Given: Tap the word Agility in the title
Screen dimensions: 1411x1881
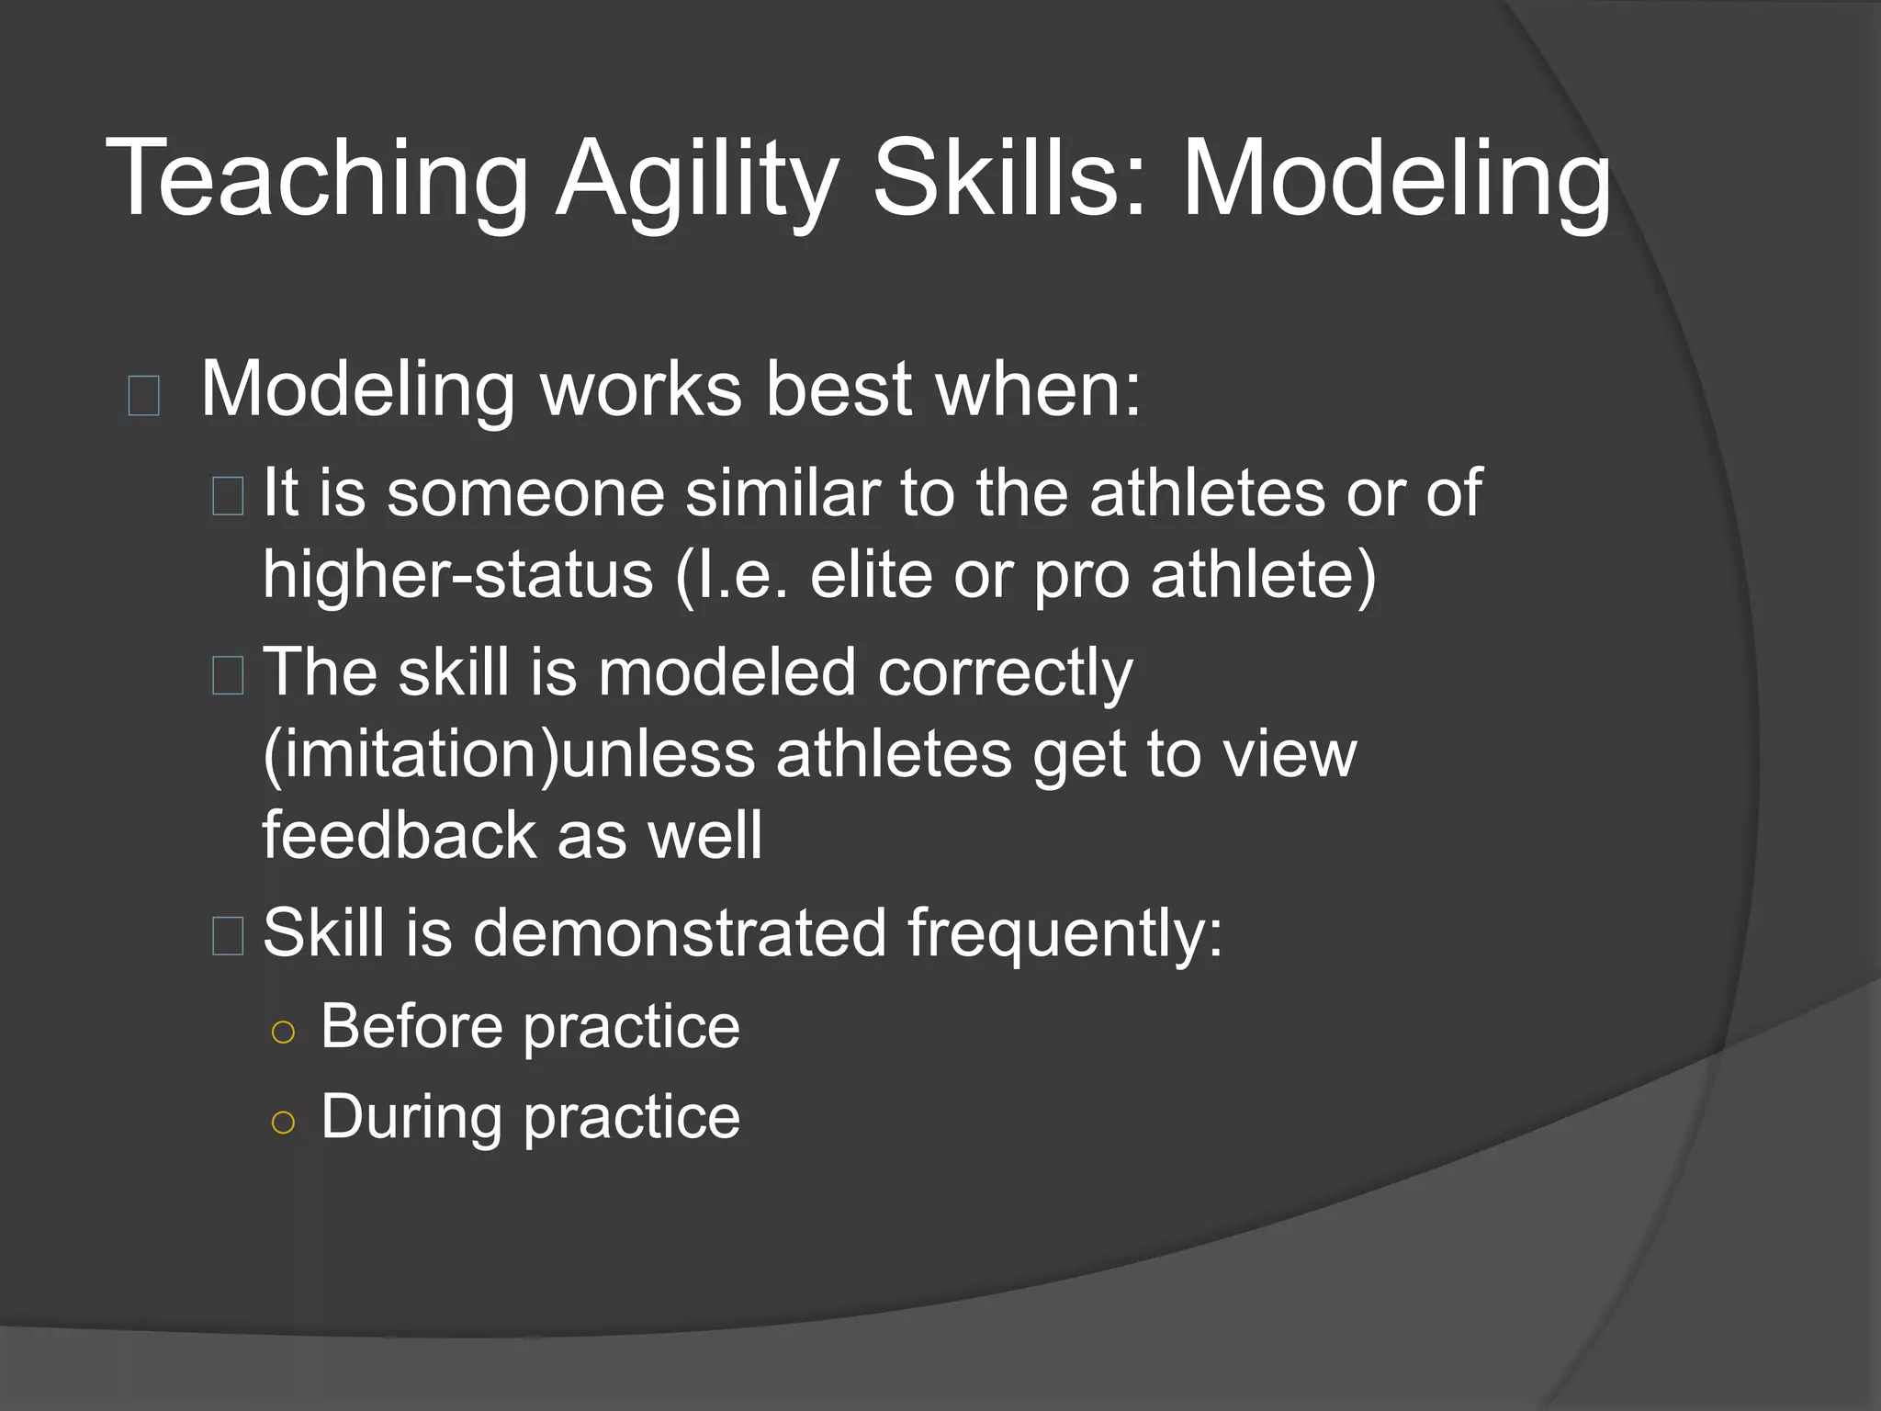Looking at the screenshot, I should pos(697,179).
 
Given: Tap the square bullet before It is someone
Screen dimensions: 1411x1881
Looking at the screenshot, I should pos(228,496).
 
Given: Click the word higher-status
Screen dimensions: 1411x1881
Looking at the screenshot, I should pos(457,575).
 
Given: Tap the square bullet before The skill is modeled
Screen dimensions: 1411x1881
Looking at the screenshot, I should pos(228,675).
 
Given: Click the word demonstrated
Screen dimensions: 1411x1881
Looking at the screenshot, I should pos(679,933).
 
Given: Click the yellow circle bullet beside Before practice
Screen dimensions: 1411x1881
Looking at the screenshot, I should pos(284,1033).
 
